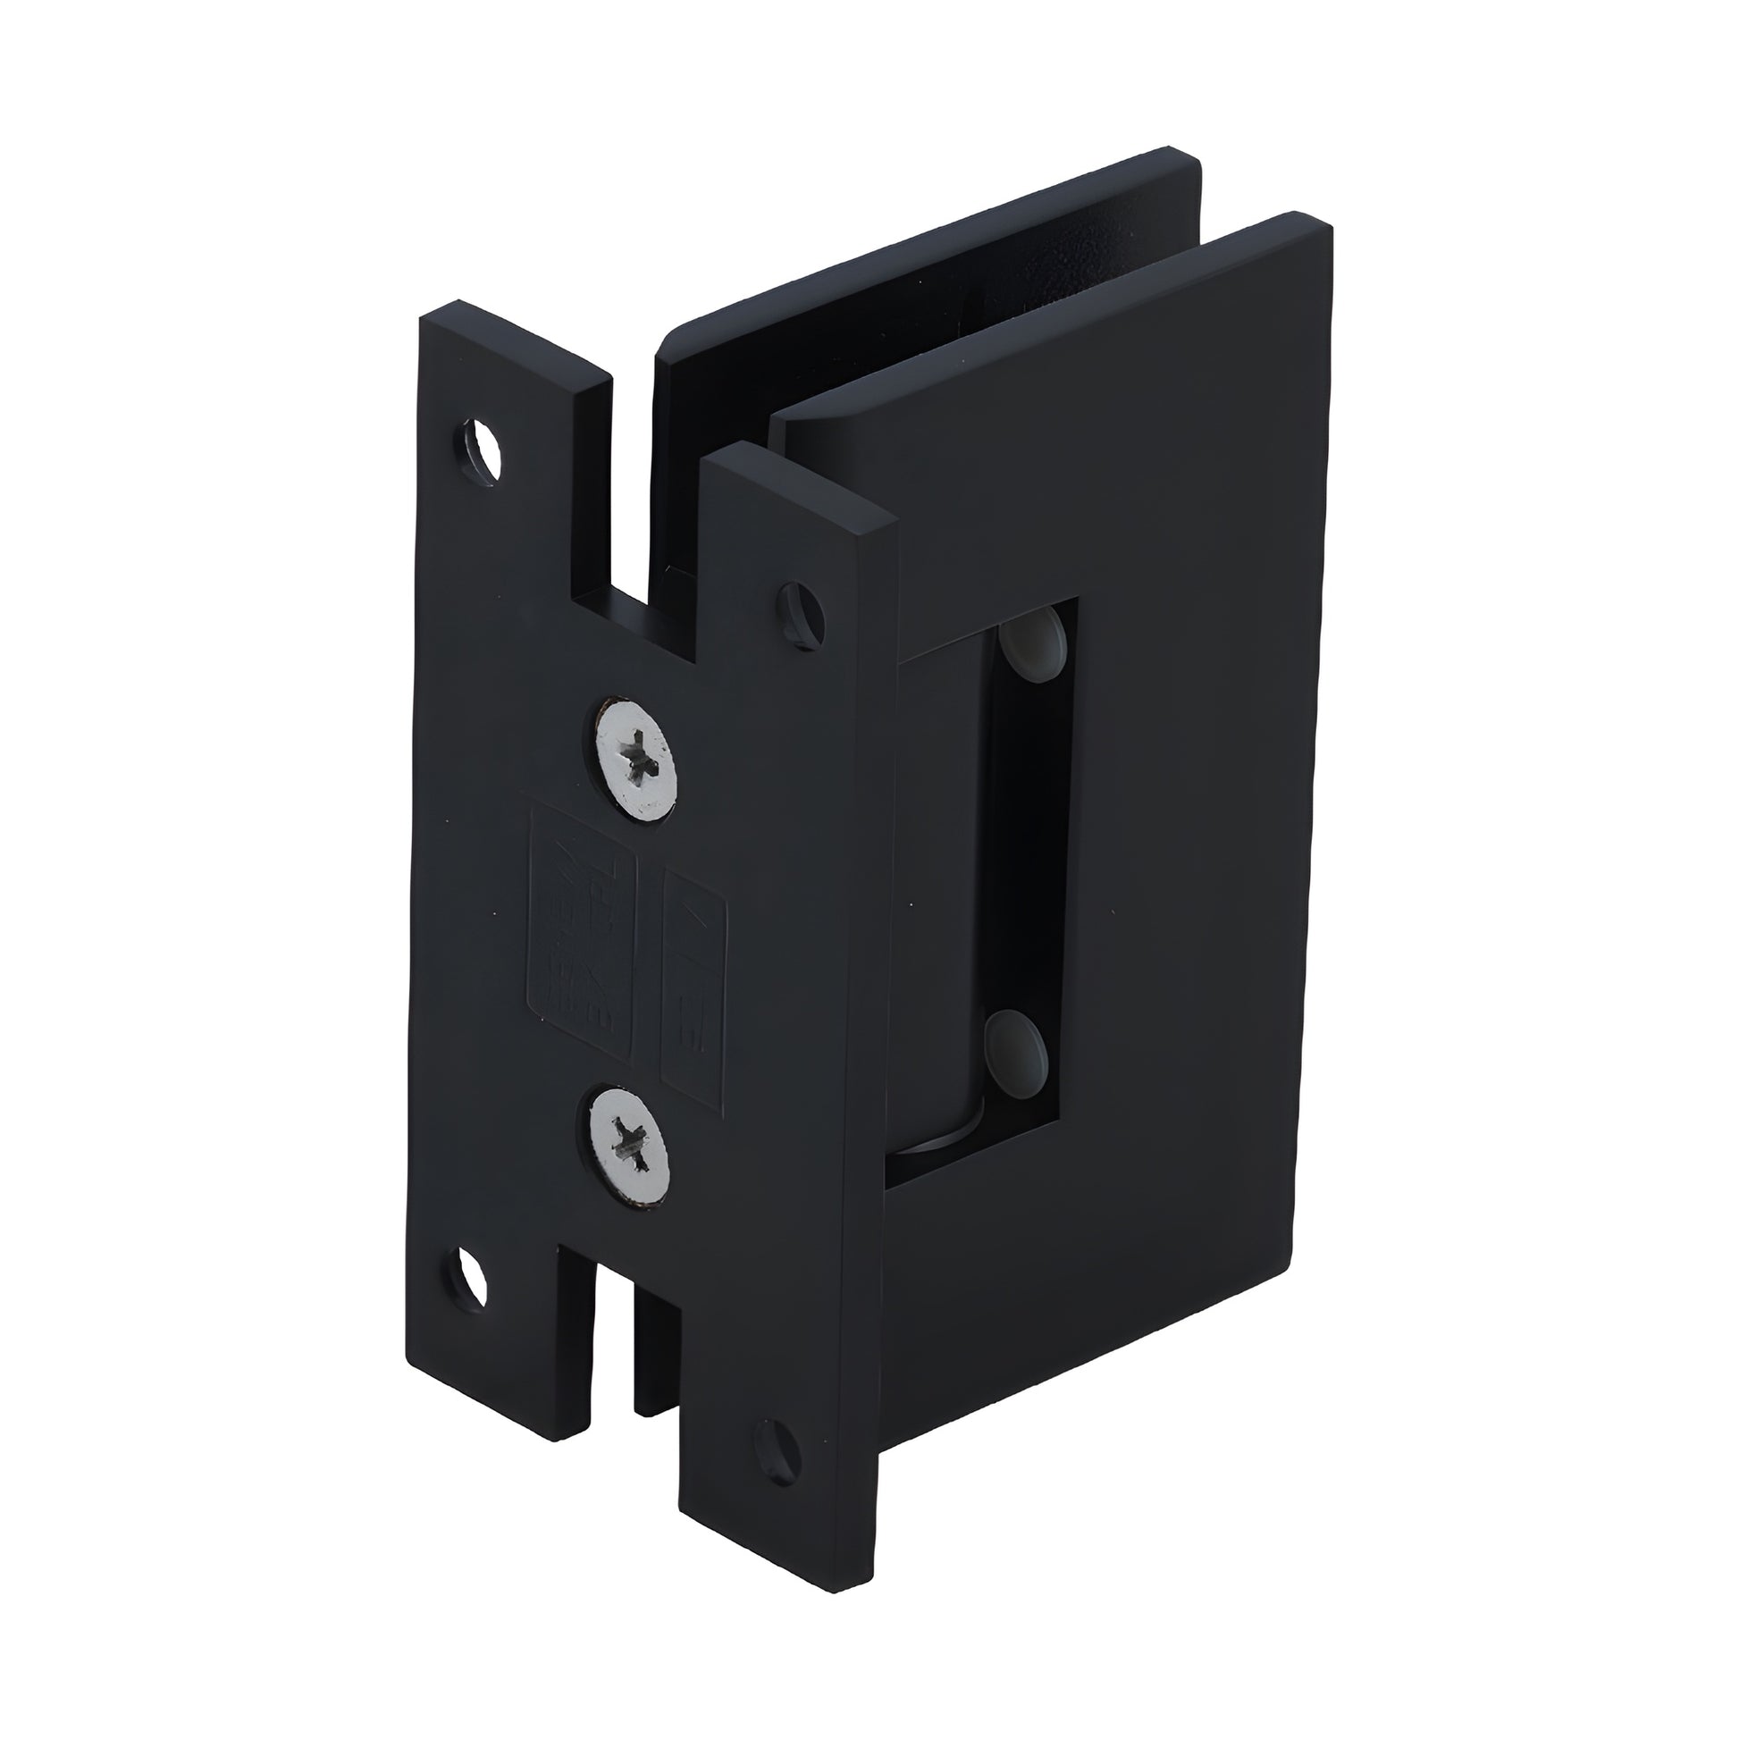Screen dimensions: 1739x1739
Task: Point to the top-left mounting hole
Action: point(478,443)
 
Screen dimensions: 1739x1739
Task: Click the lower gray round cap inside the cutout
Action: point(1015,1041)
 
